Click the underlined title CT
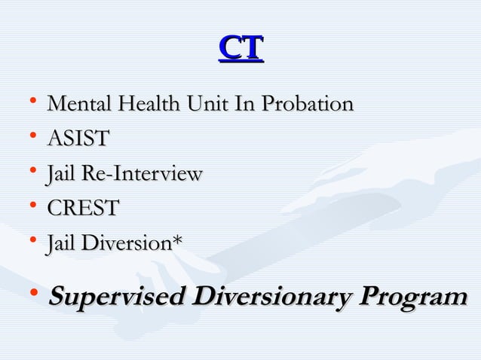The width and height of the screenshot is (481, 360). click(240, 48)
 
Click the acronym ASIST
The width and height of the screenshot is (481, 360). click(78, 139)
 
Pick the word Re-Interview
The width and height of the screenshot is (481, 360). click(141, 174)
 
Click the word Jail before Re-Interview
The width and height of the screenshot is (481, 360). click(61, 174)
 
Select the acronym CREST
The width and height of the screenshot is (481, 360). click(82, 209)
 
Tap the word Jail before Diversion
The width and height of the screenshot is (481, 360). click(61, 243)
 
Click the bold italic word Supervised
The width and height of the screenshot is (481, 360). click(116, 296)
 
